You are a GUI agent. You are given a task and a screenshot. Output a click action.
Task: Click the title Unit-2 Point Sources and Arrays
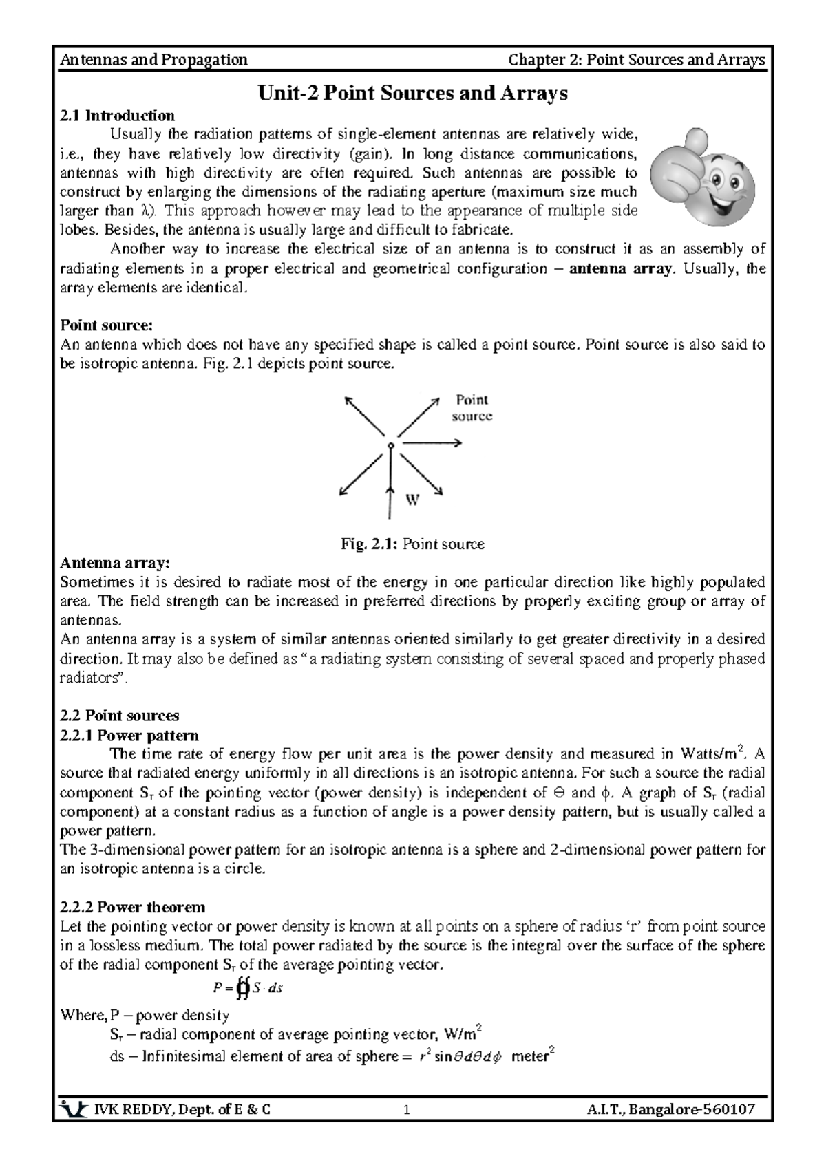412,93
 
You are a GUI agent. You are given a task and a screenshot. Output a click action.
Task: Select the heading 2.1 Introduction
117,115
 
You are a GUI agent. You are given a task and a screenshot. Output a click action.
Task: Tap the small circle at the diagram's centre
390,446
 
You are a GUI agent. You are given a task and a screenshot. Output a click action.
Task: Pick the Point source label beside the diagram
472,407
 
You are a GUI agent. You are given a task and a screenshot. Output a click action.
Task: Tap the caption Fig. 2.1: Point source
412,544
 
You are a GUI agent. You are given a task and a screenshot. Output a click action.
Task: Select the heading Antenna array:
114,563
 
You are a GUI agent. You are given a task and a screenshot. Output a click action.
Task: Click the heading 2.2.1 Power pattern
129,735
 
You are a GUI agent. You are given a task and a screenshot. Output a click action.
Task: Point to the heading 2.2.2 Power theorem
132,906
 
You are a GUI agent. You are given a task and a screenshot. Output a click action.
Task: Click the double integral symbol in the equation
242,989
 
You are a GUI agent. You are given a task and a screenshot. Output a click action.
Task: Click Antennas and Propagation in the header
154,60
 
